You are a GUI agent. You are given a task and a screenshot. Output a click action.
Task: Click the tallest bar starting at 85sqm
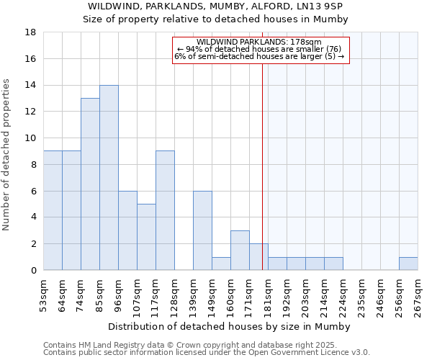click(109, 177)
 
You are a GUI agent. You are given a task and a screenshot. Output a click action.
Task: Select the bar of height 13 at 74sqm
click(90, 184)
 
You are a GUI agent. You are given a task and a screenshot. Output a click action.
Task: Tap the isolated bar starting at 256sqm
click(408, 264)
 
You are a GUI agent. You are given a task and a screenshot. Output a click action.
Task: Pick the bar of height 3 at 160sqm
click(240, 250)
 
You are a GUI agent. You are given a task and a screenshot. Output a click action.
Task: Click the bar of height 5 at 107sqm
click(146, 237)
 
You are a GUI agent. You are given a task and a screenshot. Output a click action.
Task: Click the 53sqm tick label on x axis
click(44, 294)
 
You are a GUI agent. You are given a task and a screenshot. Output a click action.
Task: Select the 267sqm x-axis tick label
click(418, 294)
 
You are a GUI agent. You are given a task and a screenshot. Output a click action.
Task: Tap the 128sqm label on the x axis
click(175, 294)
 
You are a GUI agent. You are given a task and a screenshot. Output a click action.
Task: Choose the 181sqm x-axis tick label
click(269, 294)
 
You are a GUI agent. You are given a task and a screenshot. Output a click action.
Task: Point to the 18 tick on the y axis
click(30, 32)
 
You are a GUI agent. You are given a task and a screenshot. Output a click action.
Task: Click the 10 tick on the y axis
click(30, 138)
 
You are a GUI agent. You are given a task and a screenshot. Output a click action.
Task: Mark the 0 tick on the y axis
click(33, 270)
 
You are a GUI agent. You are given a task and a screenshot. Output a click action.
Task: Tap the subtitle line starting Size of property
click(215, 19)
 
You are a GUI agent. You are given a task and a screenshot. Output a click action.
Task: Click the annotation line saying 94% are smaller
click(258, 49)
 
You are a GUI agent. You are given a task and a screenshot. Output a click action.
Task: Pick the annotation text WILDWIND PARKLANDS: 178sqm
click(258, 42)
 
